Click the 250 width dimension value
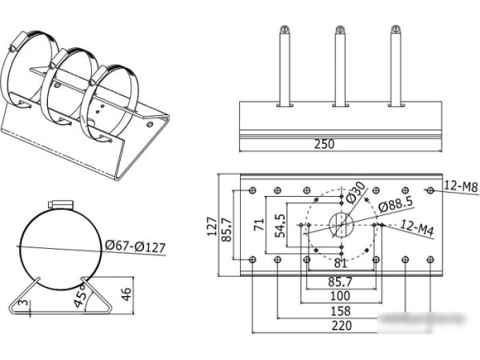click(x=324, y=145)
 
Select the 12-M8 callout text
click(x=460, y=187)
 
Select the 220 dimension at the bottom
click(x=342, y=326)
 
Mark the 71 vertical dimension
click(x=259, y=226)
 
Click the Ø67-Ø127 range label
click(x=135, y=246)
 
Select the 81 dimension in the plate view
click(x=341, y=262)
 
